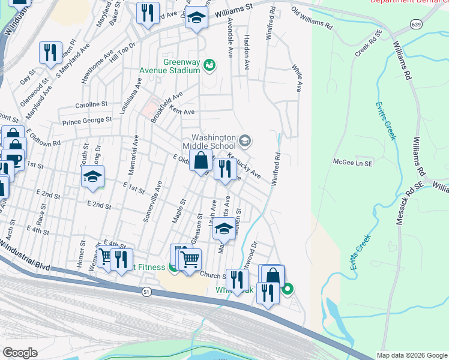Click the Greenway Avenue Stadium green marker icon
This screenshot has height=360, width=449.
tap(209, 64)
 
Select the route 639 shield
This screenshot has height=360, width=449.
tap(415, 23)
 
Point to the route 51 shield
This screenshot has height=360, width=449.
tap(146, 291)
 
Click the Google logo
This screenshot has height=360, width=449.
tap(20, 353)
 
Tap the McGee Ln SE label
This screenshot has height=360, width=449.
tap(353, 162)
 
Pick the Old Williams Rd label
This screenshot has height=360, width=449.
tap(312, 19)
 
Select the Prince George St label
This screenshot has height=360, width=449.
tap(88, 120)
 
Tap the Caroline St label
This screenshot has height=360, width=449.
tap(91, 104)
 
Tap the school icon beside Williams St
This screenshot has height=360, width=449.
tap(196, 18)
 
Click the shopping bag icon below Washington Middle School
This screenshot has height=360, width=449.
tap(201, 160)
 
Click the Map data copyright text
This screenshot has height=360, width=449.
tap(411, 355)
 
